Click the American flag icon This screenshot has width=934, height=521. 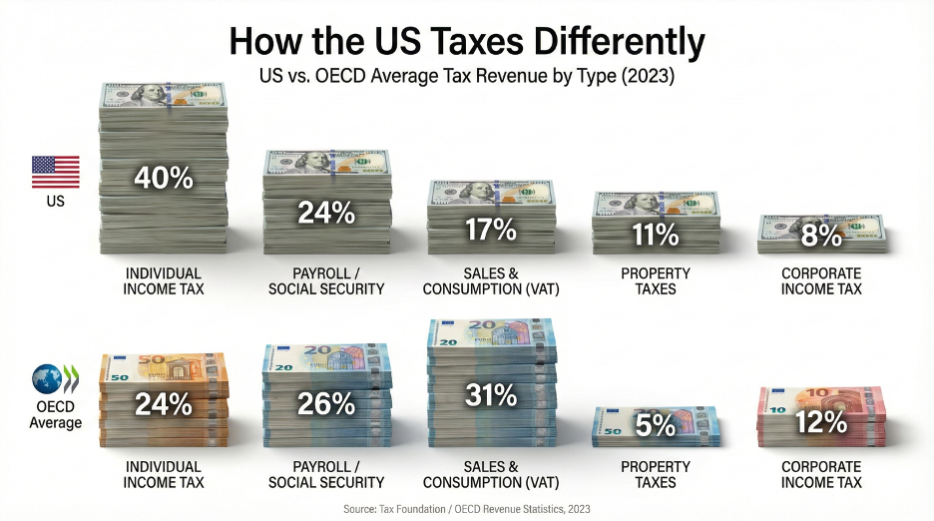56,172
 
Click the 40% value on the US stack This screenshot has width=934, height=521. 164,179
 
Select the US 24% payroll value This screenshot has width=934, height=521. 326,212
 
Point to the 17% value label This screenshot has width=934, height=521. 490,230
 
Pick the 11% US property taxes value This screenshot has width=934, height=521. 655,235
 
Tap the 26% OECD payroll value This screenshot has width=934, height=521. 326,403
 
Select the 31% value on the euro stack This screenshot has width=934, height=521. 490,395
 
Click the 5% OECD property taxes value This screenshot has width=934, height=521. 656,425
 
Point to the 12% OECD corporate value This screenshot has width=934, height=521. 820,423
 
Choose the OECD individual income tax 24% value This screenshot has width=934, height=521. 164,403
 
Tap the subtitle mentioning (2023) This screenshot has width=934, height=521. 467,76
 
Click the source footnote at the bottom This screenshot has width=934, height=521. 467,508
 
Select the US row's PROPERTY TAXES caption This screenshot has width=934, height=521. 656,280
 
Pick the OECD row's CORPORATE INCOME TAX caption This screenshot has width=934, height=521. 821,474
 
